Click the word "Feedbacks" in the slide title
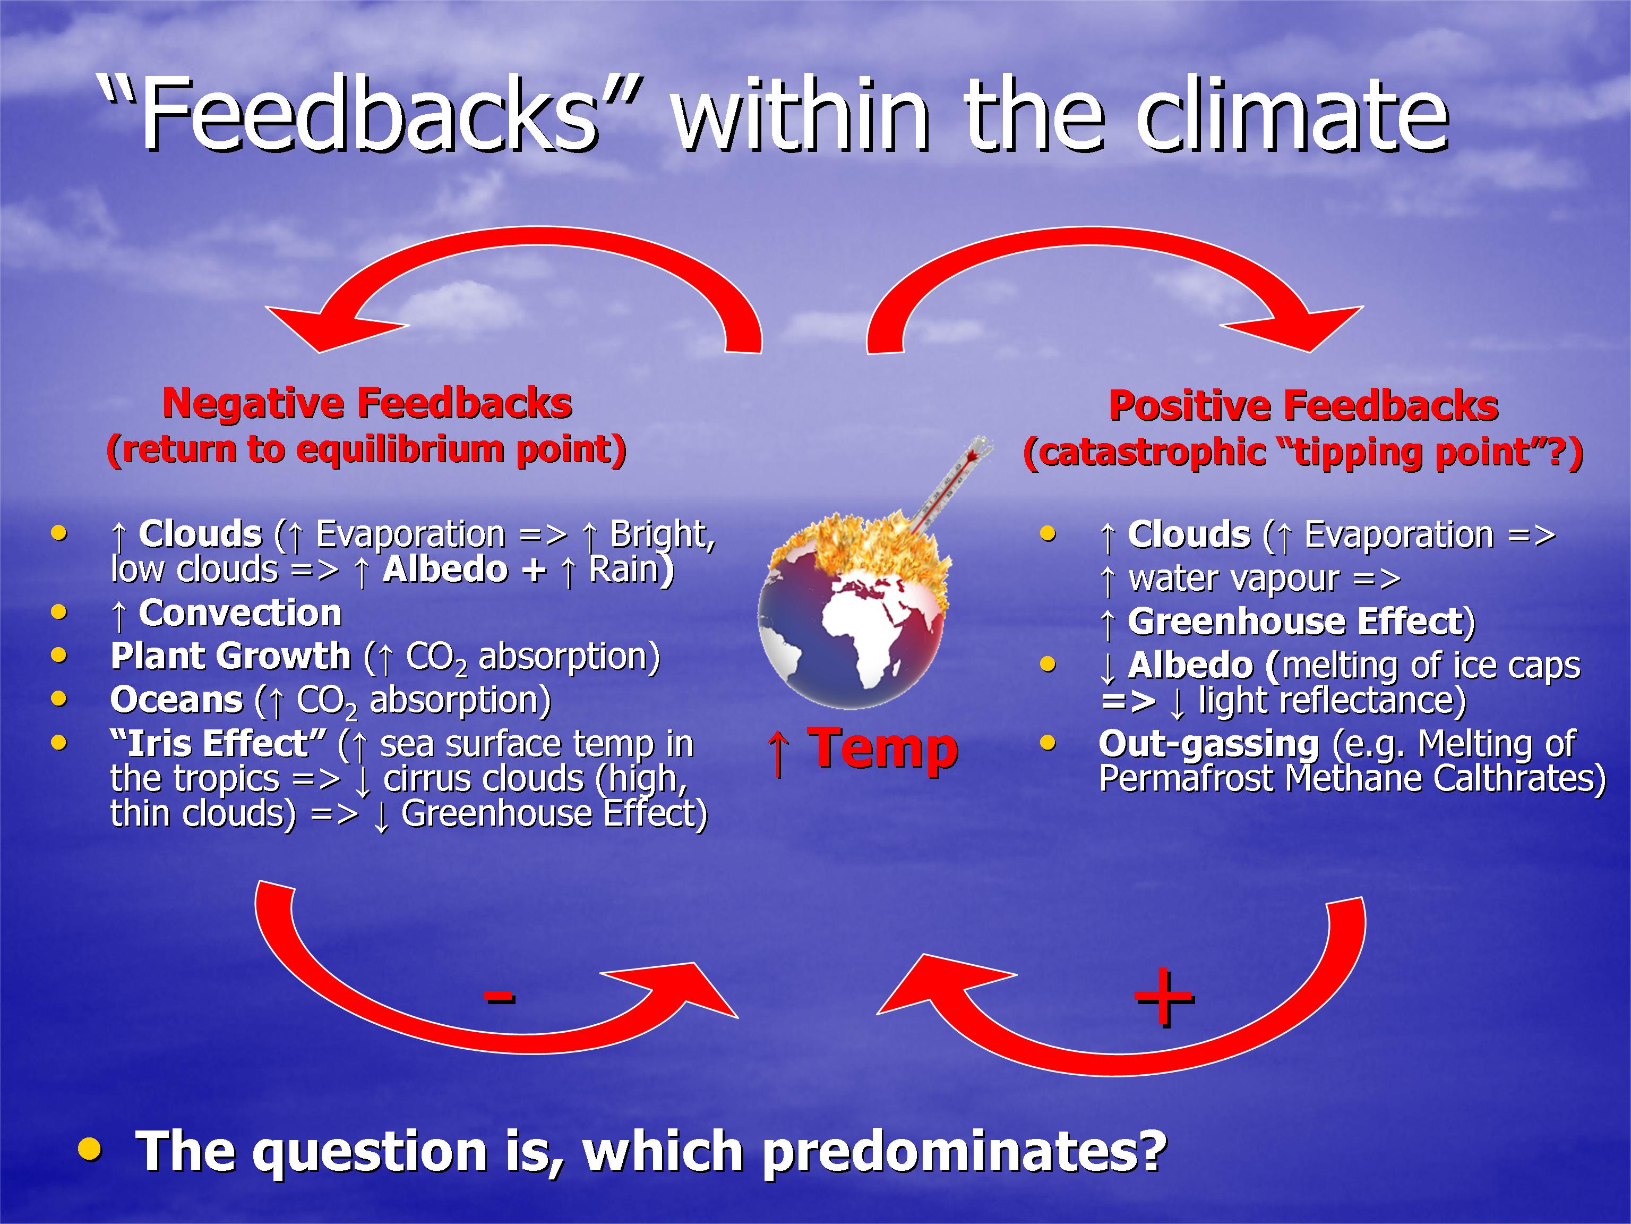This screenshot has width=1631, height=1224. click(368, 114)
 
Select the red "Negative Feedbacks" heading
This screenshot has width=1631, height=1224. click(367, 404)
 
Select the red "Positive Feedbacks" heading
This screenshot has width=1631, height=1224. click(1303, 406)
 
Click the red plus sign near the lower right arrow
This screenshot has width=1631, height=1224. click(1164, 998)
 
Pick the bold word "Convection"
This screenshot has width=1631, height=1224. click(241, 614)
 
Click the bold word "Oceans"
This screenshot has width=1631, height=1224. click(177, 700)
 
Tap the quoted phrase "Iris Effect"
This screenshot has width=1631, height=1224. click(218, 743)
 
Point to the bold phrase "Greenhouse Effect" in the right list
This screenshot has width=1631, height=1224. click(1295, 621)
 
